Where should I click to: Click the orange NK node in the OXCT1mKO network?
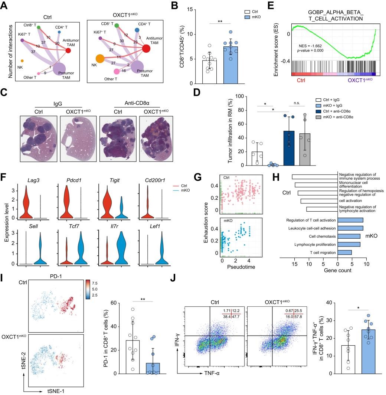[100, 59]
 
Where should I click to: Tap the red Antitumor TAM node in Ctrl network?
[68, 50]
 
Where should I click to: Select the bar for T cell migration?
[345, 252]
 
